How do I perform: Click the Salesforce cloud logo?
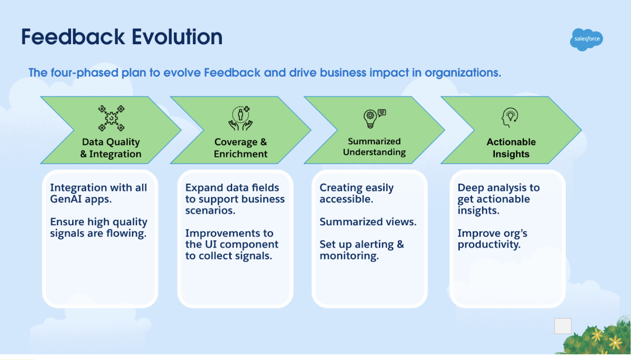click(x=586, y=39)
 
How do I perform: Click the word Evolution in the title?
click(x=177, y=37)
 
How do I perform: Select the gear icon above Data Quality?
click(x=112, y=118)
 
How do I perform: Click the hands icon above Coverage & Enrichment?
click(x=241, y=118)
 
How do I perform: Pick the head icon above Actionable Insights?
click(x=510, y=117)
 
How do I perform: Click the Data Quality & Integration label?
click(x=111, y=148)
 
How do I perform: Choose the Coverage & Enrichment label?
click(x=241, y=148)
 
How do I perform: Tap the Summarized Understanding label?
click(x=374, y=147)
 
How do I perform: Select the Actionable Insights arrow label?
click(x=511, y=148)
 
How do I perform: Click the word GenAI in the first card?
click(x=66, y=199)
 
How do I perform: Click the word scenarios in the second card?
click(x=210, y=211)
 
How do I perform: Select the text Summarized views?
click(x=368, y=222)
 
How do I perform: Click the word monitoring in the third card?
click(x=349, y=256)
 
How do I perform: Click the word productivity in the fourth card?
click(x=489, y=245)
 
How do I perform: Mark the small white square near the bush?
click(x=563, y=326)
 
